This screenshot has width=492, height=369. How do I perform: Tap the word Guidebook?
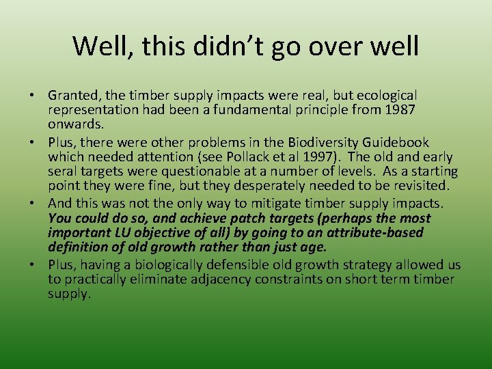396,142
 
